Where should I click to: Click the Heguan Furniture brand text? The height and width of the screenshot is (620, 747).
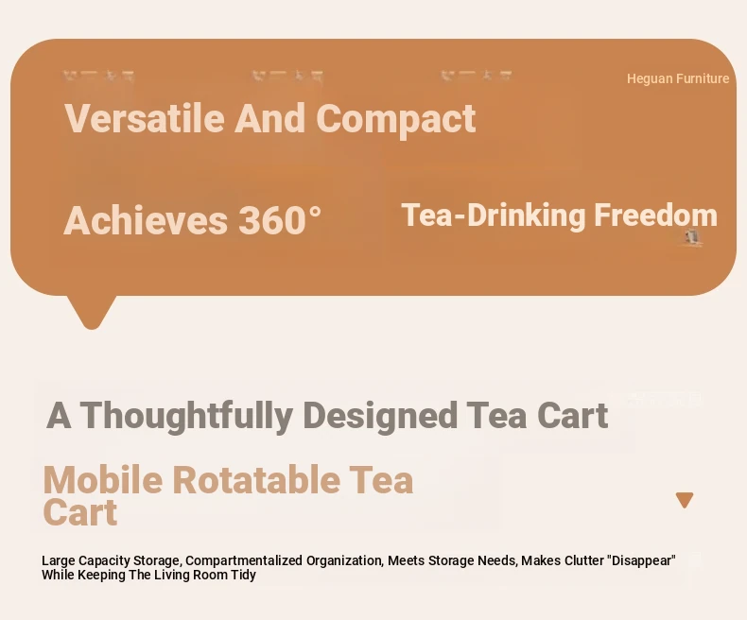[x=678, y=78]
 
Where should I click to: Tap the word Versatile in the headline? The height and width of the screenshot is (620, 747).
[x=145, y=118]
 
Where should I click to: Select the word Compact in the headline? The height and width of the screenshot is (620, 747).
[x=395, y=119]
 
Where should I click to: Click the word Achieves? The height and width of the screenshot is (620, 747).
[x=146, y=220]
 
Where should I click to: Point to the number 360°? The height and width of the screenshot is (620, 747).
[x=280, y=220]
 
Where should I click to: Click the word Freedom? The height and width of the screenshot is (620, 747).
[x=655, y=215]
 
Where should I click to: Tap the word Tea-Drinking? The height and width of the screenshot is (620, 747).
[x=493, y=215]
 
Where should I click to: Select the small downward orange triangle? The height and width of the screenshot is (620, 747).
[x=685, y=500]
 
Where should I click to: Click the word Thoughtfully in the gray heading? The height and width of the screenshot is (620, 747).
[x=188, y=416]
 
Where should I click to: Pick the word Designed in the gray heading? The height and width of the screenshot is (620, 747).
[x=380, y=416]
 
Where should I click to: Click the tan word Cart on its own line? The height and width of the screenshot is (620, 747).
[x=80, y=512]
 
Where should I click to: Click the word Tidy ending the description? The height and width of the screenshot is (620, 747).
[x=245, y=575]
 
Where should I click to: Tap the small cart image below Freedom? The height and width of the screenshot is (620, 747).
[x=692, y=237]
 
